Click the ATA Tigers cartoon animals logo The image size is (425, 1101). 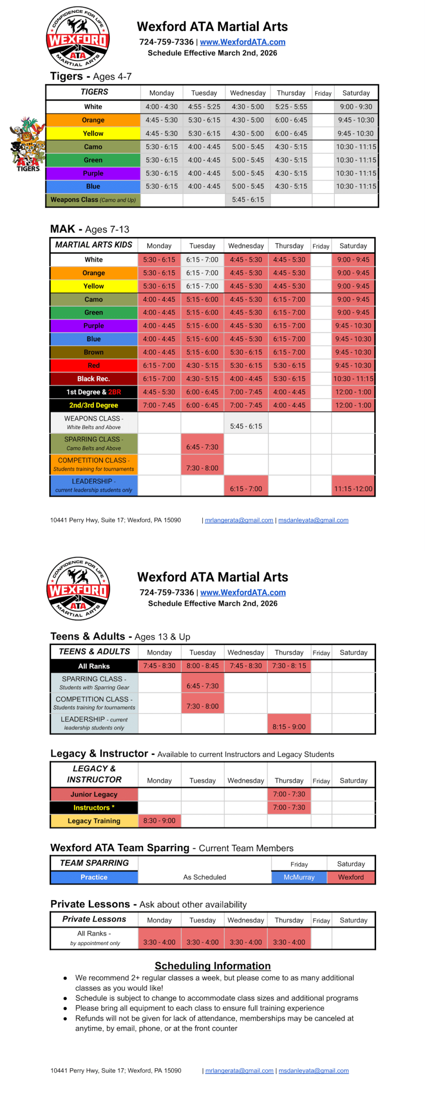(28, 144)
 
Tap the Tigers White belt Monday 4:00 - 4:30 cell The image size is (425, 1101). (161, 107)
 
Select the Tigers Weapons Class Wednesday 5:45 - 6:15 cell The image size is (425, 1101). (248, 200)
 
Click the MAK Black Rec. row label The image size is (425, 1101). (94, 378)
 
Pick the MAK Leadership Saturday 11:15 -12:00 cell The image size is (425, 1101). (353, 489)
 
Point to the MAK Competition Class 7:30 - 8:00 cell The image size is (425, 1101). (202, 468)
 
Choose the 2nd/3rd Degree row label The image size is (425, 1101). (94, 405)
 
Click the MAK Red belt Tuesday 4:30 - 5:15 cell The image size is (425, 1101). (202, 366)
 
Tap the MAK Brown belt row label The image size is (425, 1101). (94, 352)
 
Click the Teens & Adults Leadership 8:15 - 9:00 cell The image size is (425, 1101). (289, 726)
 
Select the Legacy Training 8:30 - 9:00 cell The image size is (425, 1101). (159, 821)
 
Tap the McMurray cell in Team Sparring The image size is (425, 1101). (299, 877)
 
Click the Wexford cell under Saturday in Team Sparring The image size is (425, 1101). (351, 877)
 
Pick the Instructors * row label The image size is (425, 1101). (94, 807)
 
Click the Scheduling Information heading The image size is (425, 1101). (212, 966)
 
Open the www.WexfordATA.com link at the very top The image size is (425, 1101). (242, 42)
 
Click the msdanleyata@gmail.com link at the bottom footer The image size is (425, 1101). (313, 1070)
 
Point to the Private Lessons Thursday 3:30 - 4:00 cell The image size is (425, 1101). (289, 942)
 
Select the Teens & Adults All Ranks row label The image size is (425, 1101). (94, 666)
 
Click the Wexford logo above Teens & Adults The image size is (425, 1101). (78, 588)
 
